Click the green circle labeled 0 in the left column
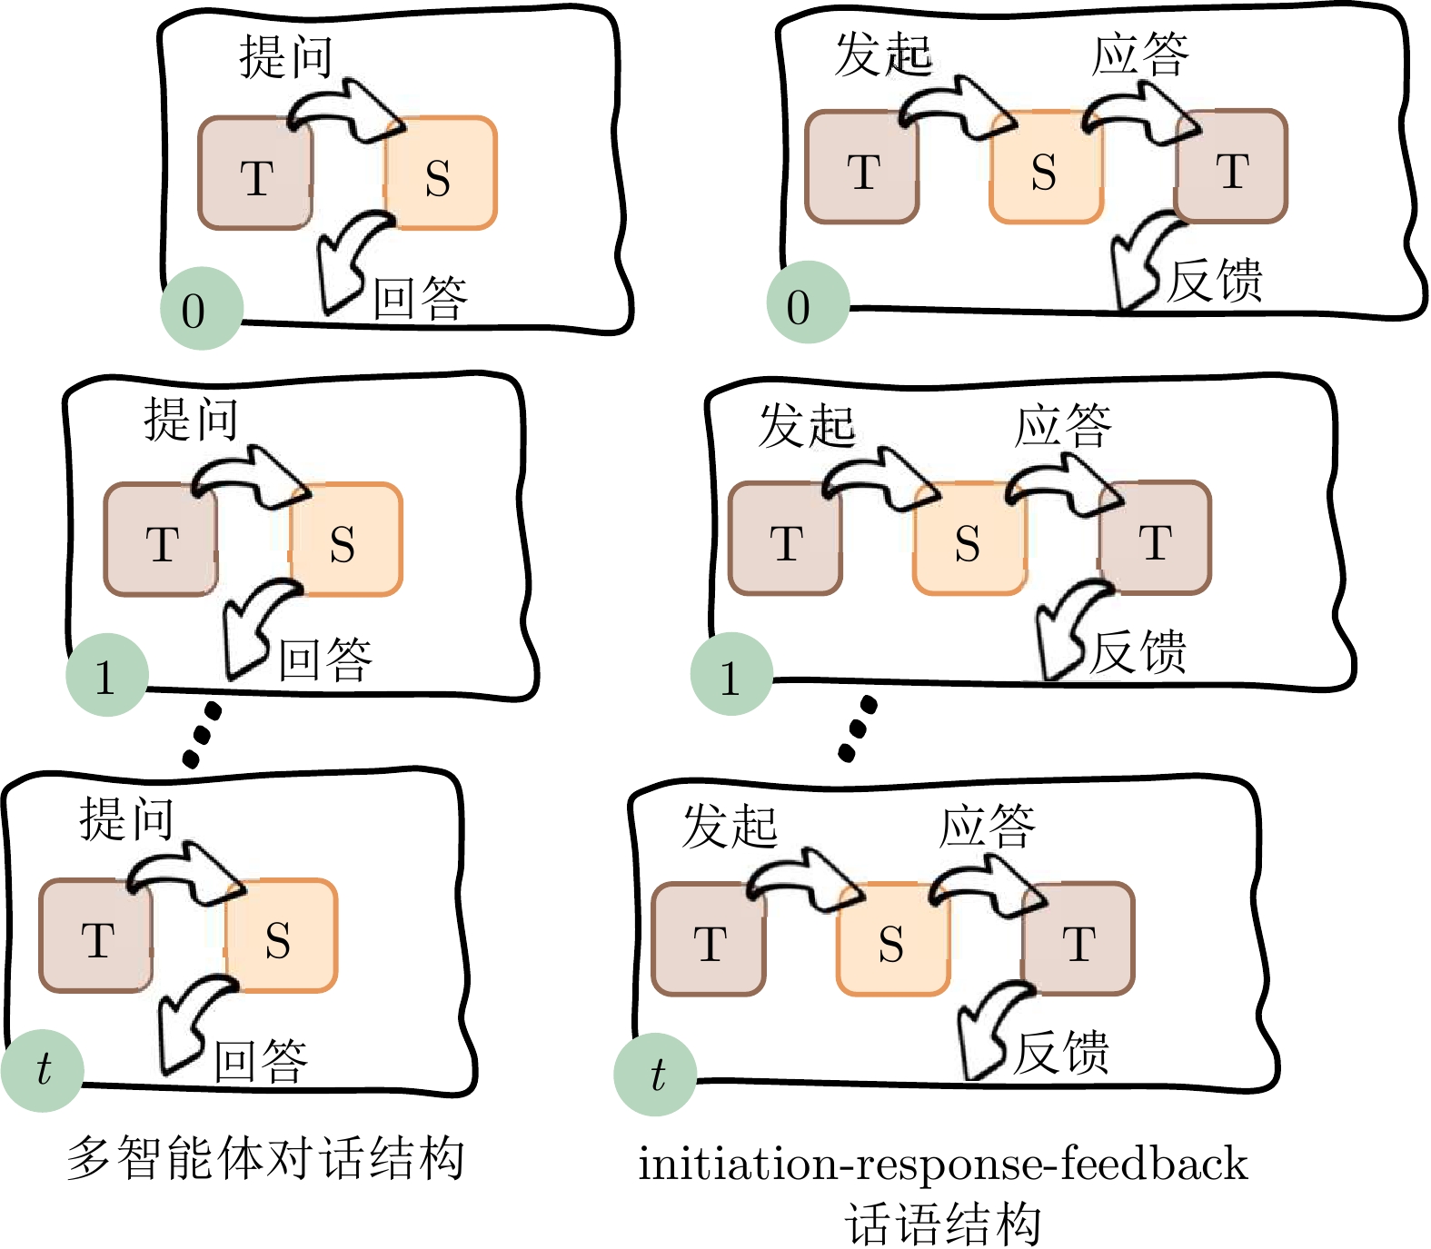pos(202,309)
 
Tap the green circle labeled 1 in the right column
pos(731,675)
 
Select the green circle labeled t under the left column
pos(43,1070)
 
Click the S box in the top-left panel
pos(441,173)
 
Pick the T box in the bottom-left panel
pos(95,936)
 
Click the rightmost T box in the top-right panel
pos(1232,167)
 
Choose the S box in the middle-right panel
pos(969,539)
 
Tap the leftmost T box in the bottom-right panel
pos(709,939)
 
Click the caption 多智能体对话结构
pos(265,1157)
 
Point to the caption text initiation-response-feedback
pos(943,1163)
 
